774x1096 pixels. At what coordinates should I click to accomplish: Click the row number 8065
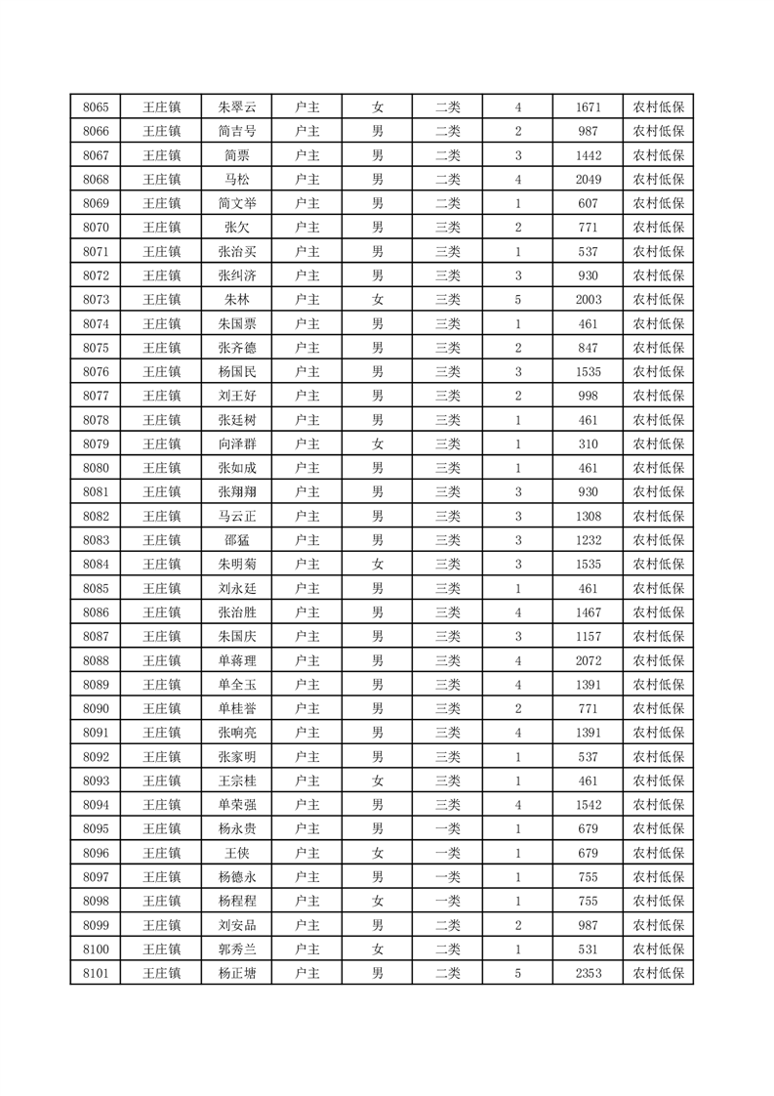(x=96, y=107)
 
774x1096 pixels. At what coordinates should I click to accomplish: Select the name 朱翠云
(x=237, y=107)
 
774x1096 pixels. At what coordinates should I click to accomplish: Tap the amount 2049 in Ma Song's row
(x=589, y=180)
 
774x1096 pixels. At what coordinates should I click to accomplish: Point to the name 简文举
(x=237, y=204)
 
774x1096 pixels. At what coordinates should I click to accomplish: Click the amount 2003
(x=589, y=300)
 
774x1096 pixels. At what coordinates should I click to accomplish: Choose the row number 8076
(x=96, y=372)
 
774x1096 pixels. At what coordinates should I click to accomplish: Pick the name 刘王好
(x=237, y=396)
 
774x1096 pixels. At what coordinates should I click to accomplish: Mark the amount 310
(x=589, y=444)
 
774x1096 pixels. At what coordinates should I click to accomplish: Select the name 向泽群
(x=237, y=444)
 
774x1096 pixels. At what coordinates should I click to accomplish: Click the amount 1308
(x=589, y=516)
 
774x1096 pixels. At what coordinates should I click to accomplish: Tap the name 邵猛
(x=237, y=540)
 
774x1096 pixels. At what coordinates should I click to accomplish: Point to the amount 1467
(x=589, y=612)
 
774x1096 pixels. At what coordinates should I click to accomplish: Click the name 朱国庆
(x=237, y=636)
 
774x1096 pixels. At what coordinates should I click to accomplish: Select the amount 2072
(x=589, y=660)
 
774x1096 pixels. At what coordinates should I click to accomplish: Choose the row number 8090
(x=96, y=708)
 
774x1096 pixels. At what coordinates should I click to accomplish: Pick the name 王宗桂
(x=237, y=780)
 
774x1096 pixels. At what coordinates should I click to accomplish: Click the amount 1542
(x=589, y=805)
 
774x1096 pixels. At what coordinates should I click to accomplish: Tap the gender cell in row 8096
(x=377, y=853)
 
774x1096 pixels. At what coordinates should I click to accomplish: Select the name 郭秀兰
(x=237, y=948)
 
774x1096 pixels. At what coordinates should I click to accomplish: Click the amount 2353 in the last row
(x=589, y=973)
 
